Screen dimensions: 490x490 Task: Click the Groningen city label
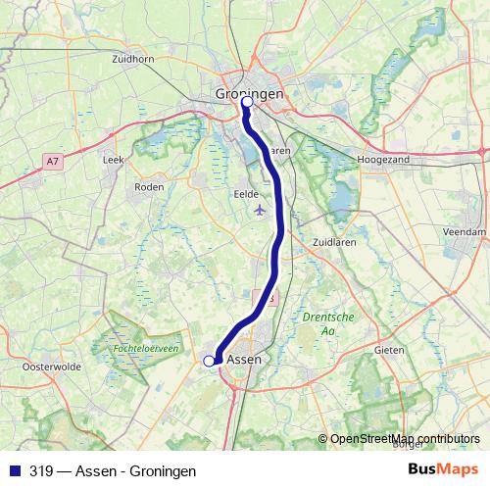click(x=249, y=93)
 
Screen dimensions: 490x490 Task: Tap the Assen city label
click(x=245, y=361)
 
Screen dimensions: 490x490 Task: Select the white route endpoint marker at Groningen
click(x=247, y=102)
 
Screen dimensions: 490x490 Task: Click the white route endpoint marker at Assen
click(x=209, y=362)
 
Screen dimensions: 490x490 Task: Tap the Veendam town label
click(x=464, y=231)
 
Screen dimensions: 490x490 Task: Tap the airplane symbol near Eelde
click(x=259, y=210)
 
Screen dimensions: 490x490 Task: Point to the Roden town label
click(x=149, y=186)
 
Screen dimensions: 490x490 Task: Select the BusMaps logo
click(x=443, y=470)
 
